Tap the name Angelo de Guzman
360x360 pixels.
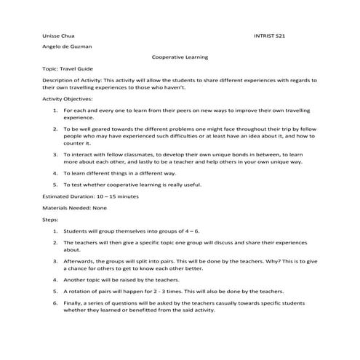click(66, 46)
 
